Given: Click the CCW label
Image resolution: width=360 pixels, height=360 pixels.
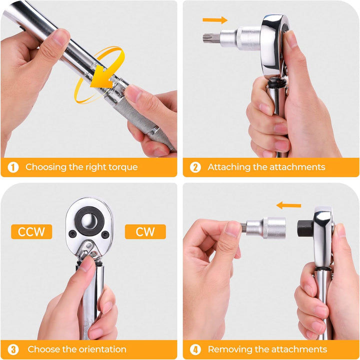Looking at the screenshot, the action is pos(31,231).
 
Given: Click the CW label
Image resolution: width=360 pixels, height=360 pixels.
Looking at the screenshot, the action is pos(145,231).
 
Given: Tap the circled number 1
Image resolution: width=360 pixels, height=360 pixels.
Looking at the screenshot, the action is pos(13,167).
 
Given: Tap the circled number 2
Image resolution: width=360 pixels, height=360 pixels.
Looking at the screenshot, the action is pos(195,167).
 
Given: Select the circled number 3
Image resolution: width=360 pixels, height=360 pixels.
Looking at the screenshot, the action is pos(13,349).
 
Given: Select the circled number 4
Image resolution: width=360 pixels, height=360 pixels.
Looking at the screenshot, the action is pos(195,349).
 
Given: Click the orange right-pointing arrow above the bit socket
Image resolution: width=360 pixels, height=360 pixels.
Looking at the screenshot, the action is pos(215,20).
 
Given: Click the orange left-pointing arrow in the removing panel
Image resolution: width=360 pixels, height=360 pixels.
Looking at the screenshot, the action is pos(288,205).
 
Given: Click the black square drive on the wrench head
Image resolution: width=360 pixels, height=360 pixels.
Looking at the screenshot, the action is pos(305,228).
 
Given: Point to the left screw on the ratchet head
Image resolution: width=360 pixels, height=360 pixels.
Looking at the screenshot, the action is pos(73,233).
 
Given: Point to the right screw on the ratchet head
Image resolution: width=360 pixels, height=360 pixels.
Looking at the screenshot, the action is pos(105,234).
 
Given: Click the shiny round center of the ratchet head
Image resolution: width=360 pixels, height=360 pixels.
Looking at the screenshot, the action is pos(89,221).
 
